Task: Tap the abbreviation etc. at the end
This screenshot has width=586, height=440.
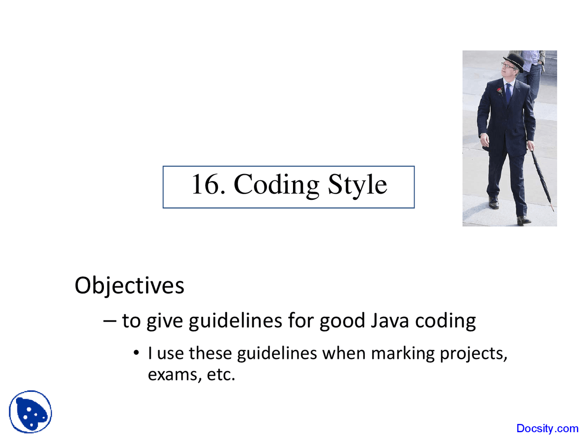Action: pos(221,374)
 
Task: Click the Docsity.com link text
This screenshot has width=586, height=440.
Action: pos(547,429)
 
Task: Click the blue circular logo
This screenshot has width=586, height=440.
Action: pos(30,412)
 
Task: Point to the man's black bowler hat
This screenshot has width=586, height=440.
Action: pos(514,62)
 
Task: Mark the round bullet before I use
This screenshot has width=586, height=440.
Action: pos(136,352)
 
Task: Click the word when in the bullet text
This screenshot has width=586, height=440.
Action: pos(344,353)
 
